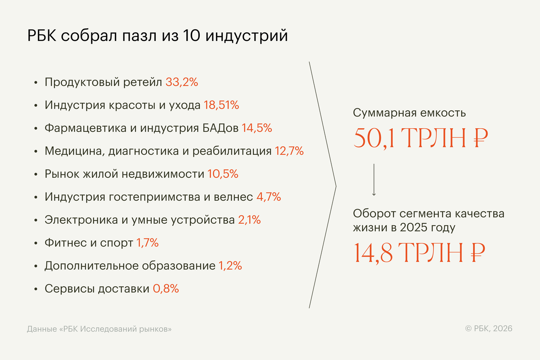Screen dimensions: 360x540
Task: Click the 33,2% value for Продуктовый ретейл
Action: point(182,83)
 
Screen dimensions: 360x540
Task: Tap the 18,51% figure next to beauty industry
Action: point(221,106)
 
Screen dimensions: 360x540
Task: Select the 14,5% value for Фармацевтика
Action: point(256,128)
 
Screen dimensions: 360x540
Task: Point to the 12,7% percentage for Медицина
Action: point(289,151)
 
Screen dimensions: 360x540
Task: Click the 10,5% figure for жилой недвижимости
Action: point(222,174)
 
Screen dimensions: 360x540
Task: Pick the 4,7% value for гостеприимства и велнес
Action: point(268,197)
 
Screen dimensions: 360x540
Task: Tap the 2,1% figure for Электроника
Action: point(249,220)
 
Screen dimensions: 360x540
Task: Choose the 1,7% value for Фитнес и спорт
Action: point(147,243)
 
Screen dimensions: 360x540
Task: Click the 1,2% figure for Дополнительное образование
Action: point(230,266)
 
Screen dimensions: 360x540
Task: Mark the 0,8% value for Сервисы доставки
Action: point(166,289)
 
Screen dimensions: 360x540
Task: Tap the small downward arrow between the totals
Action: point(373,180)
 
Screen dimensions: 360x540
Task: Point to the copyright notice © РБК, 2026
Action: point(489,329)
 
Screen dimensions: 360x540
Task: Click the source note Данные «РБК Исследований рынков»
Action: point(99,329)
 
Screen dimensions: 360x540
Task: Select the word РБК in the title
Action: point(41,36)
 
